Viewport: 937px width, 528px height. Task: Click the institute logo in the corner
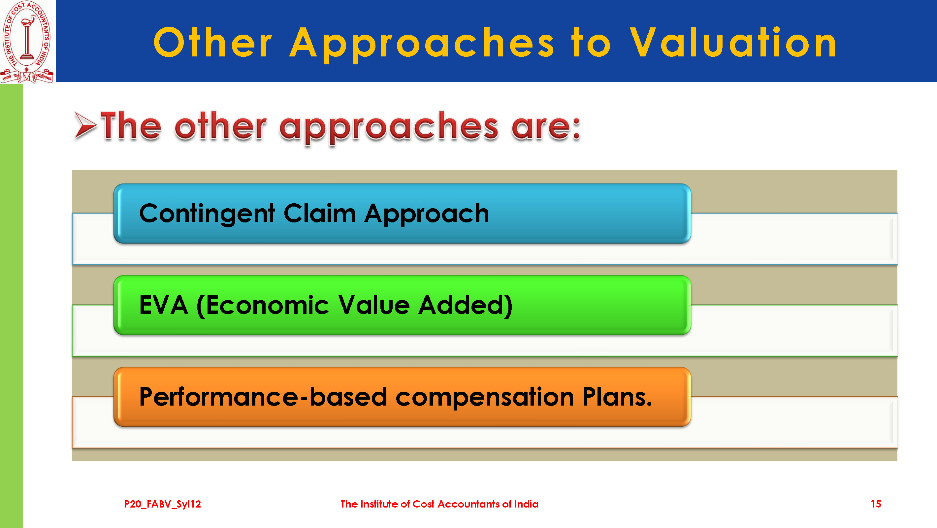[x=27, y=42]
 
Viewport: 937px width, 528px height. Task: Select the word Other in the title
[x=213, y=42]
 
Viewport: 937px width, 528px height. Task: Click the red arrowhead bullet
[x=85, y=125]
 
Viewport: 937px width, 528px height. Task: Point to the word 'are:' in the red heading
[x=546, y=128]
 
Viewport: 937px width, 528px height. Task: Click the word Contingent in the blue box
[x=207, y=214]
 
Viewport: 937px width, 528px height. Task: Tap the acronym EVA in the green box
[x=164, y=305]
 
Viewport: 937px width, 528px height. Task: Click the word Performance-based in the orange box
[x=263, y=396]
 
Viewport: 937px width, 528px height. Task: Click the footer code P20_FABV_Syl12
[x=163, y=504]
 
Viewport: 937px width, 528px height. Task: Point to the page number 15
[x=876, y=504]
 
